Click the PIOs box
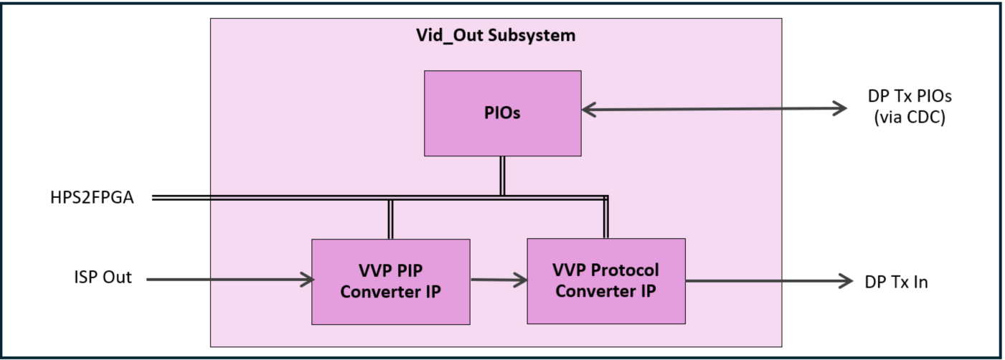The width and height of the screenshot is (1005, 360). point(502,113)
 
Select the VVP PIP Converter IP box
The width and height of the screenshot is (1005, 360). point(390,281)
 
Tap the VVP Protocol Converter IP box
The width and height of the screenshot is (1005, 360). point(605,281)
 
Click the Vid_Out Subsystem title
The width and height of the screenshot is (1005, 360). point(496,35)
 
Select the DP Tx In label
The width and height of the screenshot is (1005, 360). point(896,282)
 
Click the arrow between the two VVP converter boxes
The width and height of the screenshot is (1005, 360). point(498,280)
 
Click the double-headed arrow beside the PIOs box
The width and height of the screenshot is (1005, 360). point(714,110)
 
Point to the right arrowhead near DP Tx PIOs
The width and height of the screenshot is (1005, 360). point(839,110)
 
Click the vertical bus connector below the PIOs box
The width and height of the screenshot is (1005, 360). point(502,176)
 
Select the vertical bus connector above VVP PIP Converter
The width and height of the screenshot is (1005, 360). point(390,219)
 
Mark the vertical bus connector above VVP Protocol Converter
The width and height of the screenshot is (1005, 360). point(605,218)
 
